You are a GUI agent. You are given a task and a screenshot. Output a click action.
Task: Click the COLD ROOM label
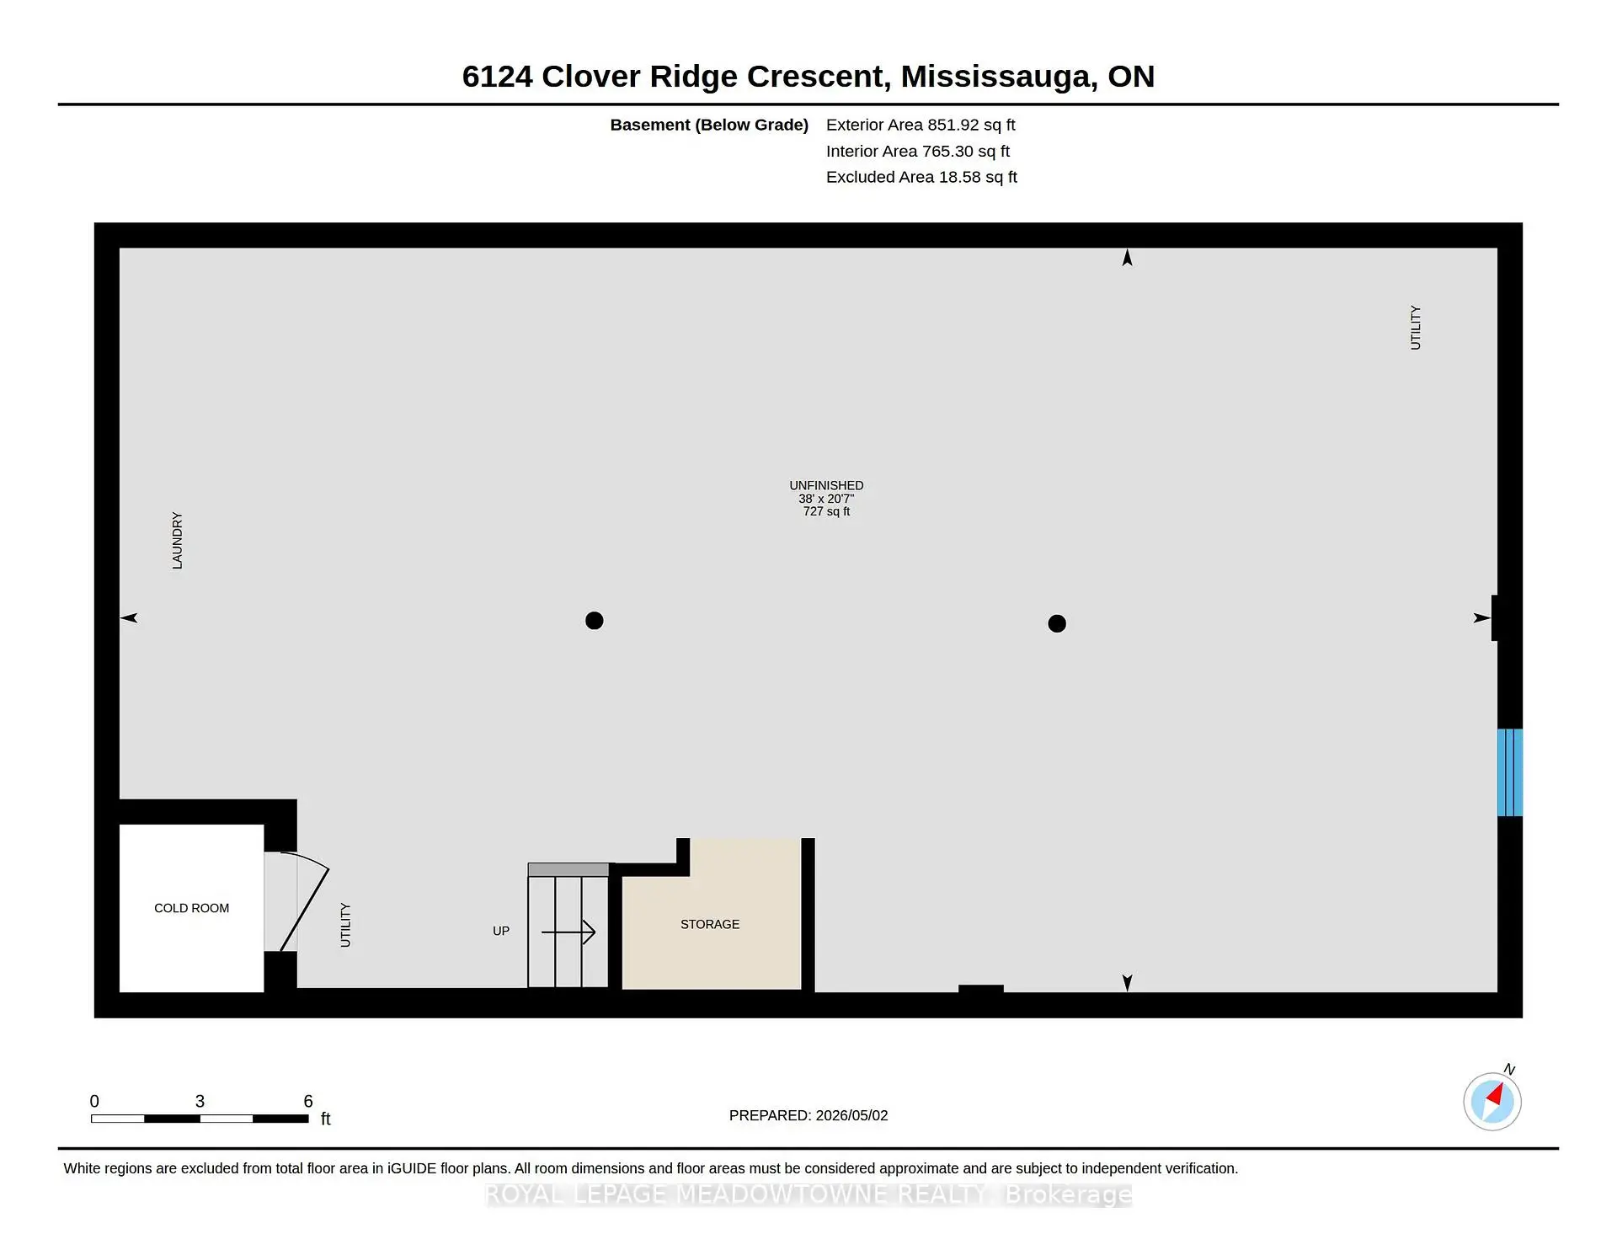(x=191, y=908)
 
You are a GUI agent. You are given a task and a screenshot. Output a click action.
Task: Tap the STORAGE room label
(x=710, y=924)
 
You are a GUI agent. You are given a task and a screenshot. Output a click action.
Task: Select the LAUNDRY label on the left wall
(x=177, y=541)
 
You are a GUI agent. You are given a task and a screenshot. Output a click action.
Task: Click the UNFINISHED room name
(x=826, y=485)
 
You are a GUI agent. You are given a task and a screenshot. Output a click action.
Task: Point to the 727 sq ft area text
(x=826, y=511)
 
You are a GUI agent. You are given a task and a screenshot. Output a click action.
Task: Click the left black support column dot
(x=595, y=621)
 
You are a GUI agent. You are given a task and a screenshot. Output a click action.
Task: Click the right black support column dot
(x=1057, y=623)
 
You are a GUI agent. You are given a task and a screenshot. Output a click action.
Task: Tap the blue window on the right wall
(x=1510, y=772)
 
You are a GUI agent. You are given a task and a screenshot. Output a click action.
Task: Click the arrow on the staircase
(x=568, y=932)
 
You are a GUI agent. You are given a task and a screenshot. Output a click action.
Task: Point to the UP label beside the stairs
(x=501, y=931)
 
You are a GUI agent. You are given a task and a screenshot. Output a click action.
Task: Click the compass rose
(x=1492, y=1101)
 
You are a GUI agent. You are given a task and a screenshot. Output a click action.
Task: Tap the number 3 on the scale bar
(x=200, y=1101)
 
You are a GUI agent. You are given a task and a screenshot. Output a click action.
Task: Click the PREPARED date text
(x=808, y=1115)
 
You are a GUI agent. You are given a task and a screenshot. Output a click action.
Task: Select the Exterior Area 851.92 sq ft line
(x=921, y=125)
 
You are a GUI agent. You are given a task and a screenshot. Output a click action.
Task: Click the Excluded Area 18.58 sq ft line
(x=921, y=177)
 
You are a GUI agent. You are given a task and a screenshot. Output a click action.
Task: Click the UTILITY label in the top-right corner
(x=1416, y=328)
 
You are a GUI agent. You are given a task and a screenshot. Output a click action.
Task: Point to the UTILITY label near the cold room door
(x=345, y=925)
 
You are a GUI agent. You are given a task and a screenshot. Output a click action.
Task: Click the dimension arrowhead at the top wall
(x=1127, y=258)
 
